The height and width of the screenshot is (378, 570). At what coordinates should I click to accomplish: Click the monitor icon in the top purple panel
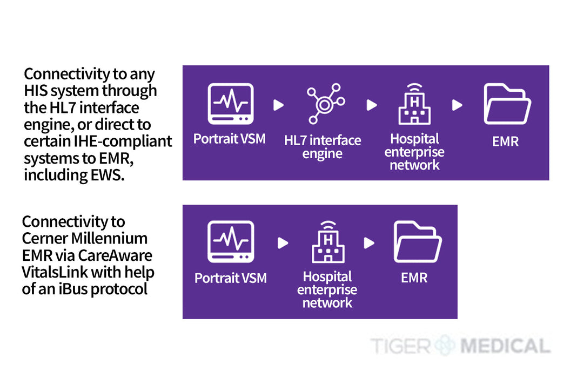coord(231,104)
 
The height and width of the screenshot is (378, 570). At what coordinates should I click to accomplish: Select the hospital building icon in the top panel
coord(414,104)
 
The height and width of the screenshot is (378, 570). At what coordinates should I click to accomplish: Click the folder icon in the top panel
coord(507,104)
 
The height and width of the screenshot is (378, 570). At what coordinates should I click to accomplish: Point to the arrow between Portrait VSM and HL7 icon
coord(278,105)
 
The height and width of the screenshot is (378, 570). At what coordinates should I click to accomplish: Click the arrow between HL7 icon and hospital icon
coord(372,105)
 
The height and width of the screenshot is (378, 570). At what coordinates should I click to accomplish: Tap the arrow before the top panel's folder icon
coord(457,105)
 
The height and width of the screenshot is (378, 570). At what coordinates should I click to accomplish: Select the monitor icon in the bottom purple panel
coord(231,242)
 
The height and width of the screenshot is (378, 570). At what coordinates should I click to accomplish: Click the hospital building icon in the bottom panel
coord(328,242)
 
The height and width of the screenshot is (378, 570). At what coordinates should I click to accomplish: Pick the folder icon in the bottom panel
coord(418,242)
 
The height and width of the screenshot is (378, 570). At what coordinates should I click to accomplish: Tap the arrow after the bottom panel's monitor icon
coord(283,243)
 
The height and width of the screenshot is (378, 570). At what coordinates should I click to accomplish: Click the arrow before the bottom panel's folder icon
coord(369,243)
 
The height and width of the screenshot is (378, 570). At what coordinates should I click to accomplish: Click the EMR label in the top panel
coord(505,141)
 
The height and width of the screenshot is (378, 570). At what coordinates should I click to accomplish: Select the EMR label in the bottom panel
coord(414,278)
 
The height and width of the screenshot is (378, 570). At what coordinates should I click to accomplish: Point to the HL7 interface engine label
coord(323,147)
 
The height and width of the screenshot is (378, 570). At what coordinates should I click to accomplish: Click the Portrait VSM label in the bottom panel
coord(231,278)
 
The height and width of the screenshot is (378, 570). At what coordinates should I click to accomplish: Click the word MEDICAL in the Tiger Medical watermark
coord(505,346)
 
